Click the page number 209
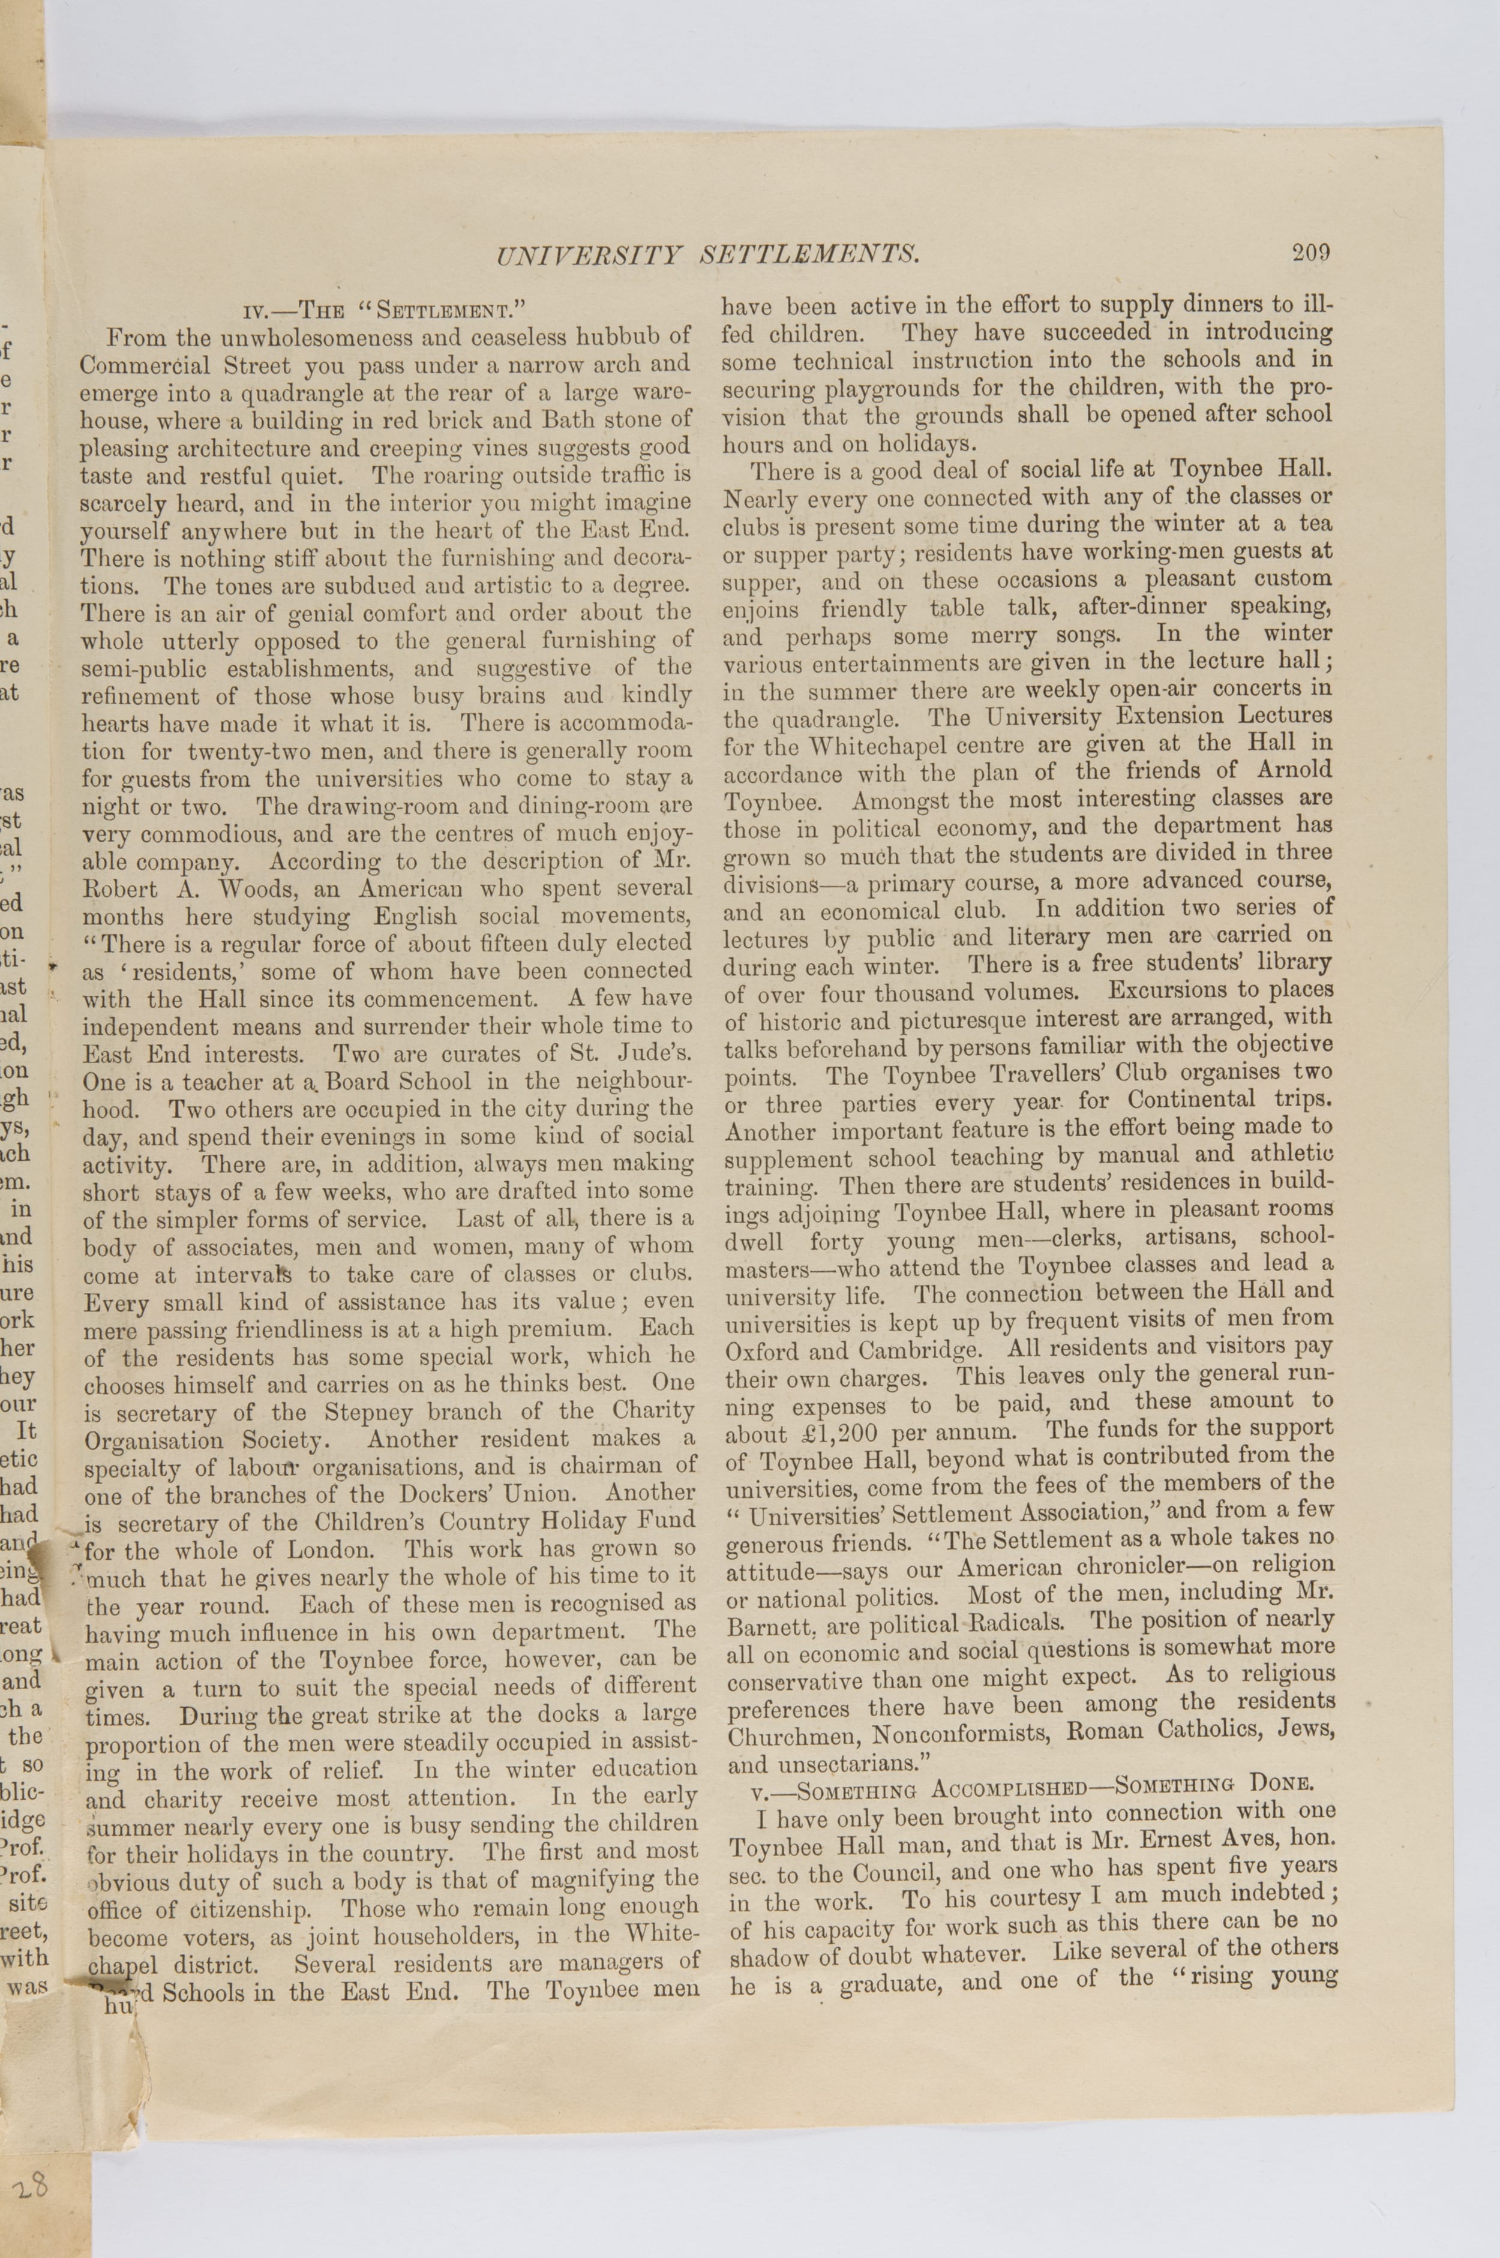1310,253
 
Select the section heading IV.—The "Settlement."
386,309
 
